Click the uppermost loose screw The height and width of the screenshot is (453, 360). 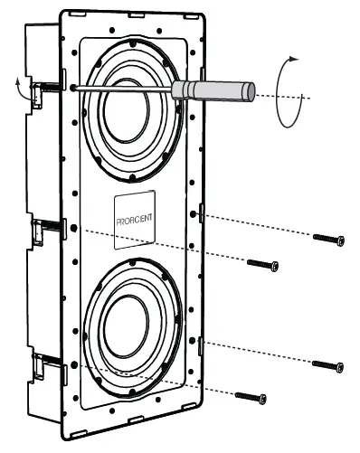[329, 239]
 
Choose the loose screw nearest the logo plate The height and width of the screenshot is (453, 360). [263, 265]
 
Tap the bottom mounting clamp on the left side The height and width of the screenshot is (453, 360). [40, 366]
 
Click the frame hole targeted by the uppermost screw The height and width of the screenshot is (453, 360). [195, 213]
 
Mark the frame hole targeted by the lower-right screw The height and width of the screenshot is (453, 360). [195, 344]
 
